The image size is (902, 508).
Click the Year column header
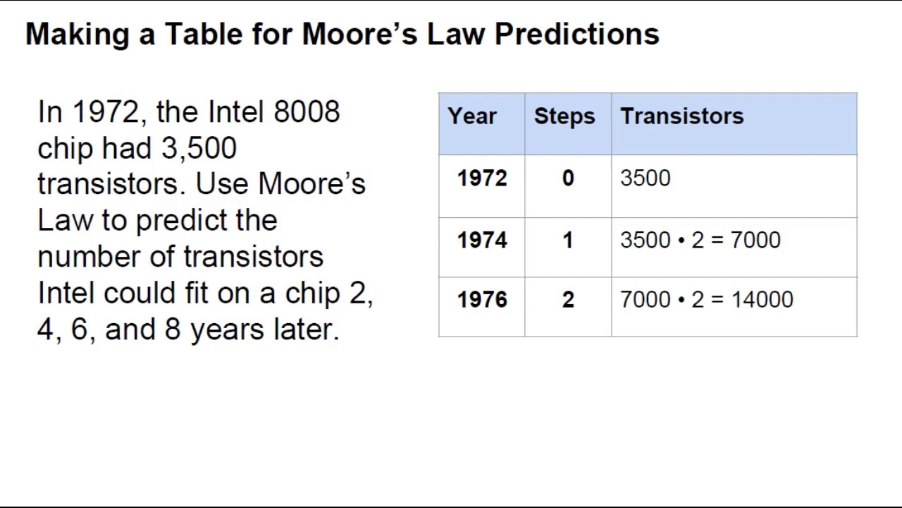[x=471, y=116]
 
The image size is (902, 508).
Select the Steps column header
[x=564, y=116]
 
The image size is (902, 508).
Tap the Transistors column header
[x=681, y=116]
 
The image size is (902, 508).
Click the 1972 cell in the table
[x=481, y=179]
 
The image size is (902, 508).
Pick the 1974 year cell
[x=481, y=241]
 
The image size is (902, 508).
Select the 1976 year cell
[x=481, y=300]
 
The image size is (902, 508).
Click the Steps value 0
[x=568, y=179]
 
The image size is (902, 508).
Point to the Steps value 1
[x=568, y=241]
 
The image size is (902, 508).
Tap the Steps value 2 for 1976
[x=568, y=300]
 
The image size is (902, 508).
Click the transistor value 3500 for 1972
[x=645, y=179]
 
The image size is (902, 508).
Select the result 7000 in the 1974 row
[x=755, y=241]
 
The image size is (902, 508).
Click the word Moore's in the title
[x=359, y=34]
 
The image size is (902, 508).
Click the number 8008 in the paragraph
[x=306, y=112]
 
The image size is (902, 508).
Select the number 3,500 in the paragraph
[x=199, y=148]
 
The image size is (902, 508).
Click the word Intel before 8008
[x=236, y=112]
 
